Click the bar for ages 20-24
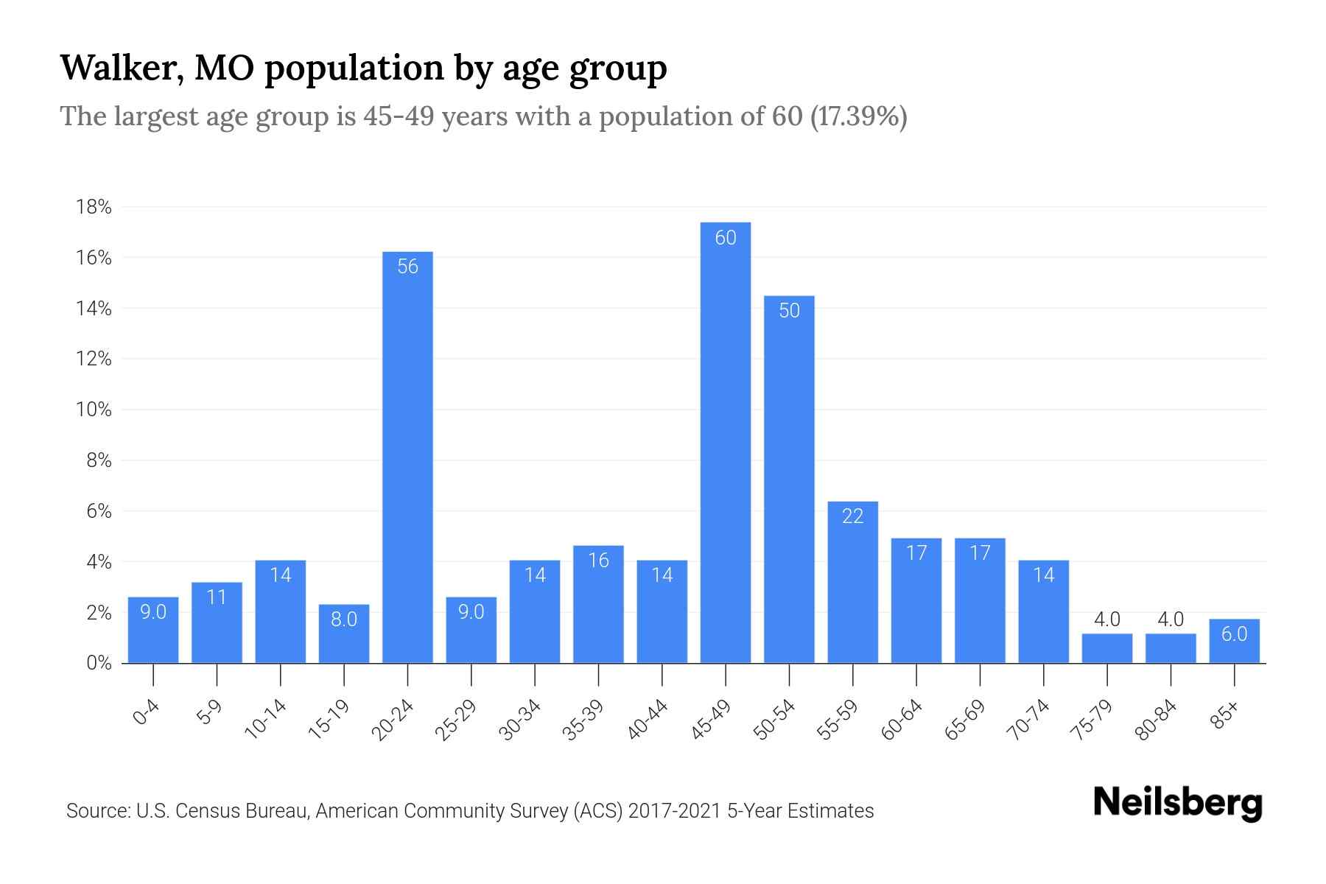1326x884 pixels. pyautogui.click(x=407, y=457)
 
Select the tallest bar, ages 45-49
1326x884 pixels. pyautogui.click(x=726, y=442)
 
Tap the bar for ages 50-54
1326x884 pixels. pyautogui.click(x=789, y=479)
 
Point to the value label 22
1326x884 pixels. pyautogui.click(x=852, y=516)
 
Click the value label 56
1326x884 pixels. pyautogui.click(x=407, y=266)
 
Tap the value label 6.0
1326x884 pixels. pyautogui.click(x=1234, y=634)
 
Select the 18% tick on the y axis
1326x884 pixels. pyautogui.click(x=94, y=207)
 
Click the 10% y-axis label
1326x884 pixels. pyautogui.click(x=94, y=410)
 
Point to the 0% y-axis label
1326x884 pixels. pyautogui.click(x=99, y=663)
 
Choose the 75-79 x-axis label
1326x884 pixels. pyautogui.click(x=1093, y=720)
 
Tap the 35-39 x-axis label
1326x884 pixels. pyautogui.click(x=584, y=720)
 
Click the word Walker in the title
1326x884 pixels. pyautogui.click(x=121, y=68)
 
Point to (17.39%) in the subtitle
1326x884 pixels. pyautogui.click(x=858, y=116)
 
